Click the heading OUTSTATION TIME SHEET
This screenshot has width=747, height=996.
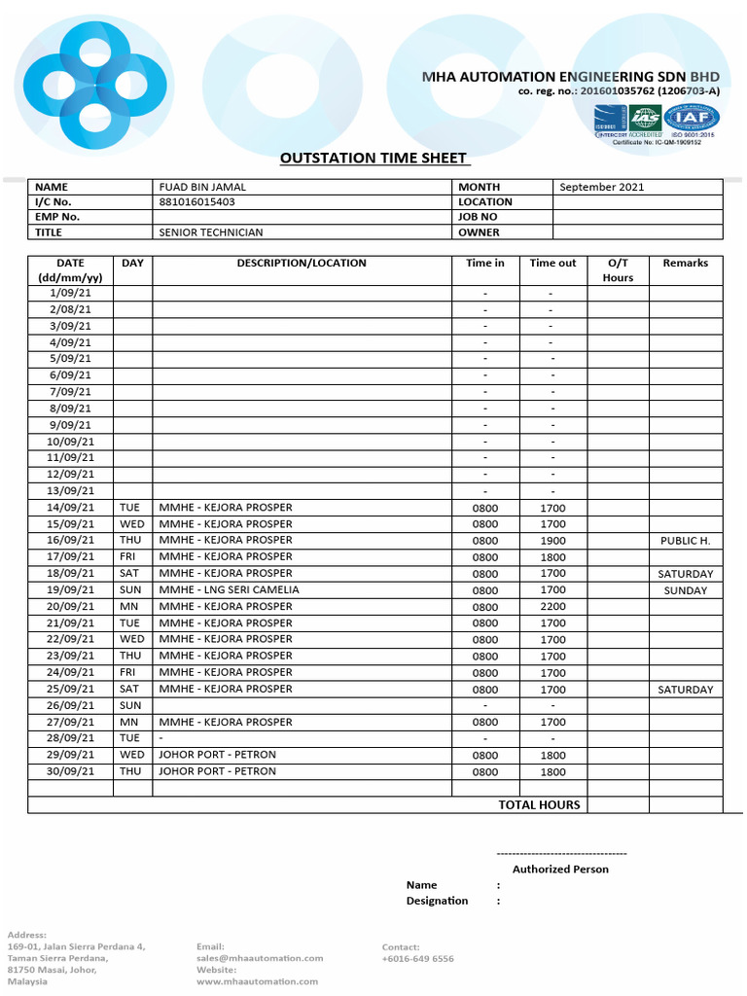(x=373, y=159)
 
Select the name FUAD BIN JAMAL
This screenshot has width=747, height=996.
(x=202, y=187)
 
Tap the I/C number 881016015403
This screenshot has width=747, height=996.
(x=196, y=202)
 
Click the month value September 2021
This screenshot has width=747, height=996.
(x=601, y=187)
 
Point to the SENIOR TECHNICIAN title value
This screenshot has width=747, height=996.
(x=211, y=232)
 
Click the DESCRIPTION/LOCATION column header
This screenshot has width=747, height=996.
(x=302, y=264)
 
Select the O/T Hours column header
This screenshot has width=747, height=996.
(x=618, y=270)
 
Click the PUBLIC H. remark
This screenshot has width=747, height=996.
(x=685, y=541)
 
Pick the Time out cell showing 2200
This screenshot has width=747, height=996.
(x=552, y=607)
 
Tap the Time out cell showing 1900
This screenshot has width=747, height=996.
(x=552, y=541)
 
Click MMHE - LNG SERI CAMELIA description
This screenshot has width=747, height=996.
(x=229, y=589)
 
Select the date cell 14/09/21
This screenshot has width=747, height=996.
(x=70, y=508)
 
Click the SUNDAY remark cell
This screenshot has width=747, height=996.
(x=685, y=590)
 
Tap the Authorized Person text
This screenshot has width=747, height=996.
(x=560, y=869)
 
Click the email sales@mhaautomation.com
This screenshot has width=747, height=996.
(x=260, y=958)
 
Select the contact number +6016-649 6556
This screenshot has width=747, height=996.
(x=417, y=958)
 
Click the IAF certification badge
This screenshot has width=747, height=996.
(x=692, y=118)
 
